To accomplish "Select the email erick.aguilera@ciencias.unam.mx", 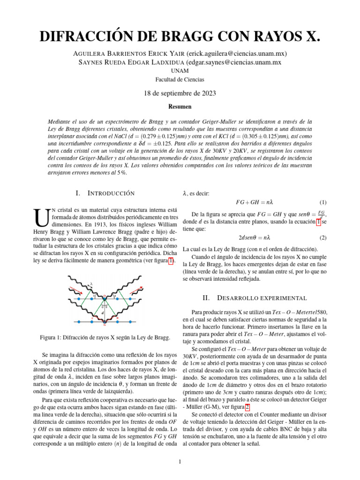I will (236, 53).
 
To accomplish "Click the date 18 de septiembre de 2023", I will (180, 93).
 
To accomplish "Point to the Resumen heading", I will (180, 107).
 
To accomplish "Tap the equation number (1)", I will (322, 203).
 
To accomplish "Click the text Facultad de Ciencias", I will (180, 79).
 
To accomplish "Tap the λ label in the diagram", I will (91, 284).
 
